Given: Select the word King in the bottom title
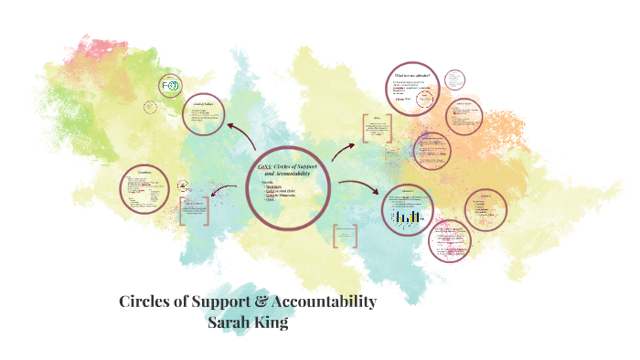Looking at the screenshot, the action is [x=279, y=322].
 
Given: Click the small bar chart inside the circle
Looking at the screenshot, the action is [x=408, y=217].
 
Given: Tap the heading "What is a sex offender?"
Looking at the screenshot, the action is [x=413, y=76].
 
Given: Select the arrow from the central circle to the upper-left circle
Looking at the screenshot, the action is [x=241, y=135].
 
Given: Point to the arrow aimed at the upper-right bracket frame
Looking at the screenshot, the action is [x=345, y=150].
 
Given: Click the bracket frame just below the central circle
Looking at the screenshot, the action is [x=345, y=237].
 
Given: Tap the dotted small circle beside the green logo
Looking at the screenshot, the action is [x=150, y=106].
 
